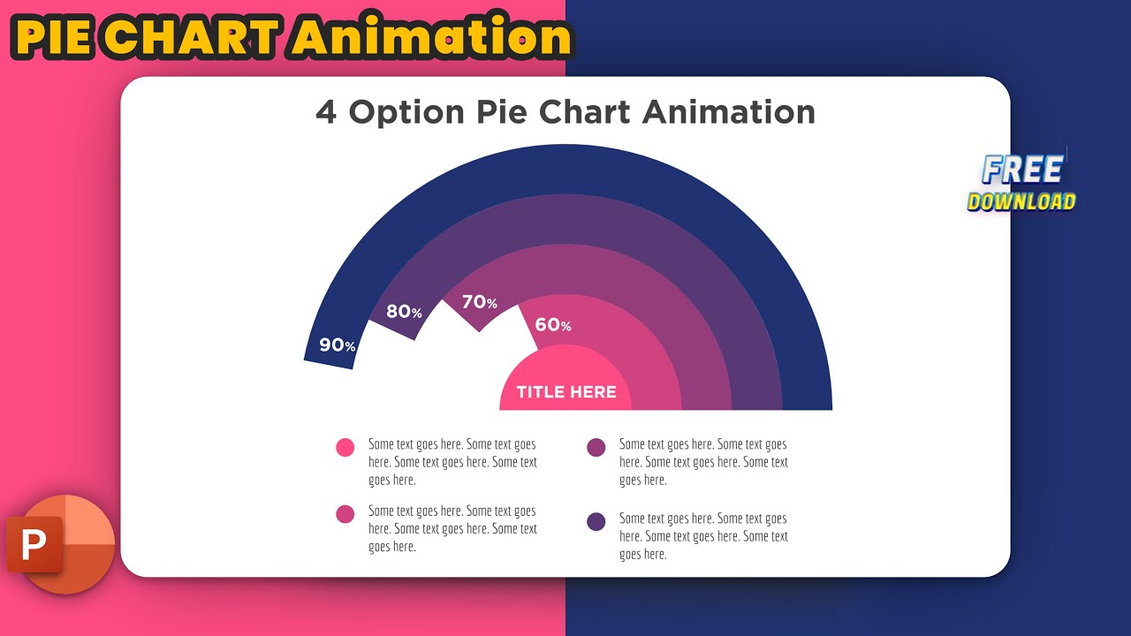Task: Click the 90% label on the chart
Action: pos(337,345)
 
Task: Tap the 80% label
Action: pos(404,312)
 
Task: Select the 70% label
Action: pos(479,302)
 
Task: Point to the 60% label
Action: pos(552,325)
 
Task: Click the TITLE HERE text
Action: pos(566,392)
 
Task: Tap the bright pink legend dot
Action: pos(345,447)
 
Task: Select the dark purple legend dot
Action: pos(596,521)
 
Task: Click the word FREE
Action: pos(1022,170)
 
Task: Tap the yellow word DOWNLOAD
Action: pos(1021,201)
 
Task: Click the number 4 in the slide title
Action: pos(326,113)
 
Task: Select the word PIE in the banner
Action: pos(55,39)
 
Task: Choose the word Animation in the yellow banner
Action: pos(433,39)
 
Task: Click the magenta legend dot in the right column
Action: pos(596,447)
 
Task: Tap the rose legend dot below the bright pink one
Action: pos(345,514)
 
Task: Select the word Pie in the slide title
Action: pos(503,113)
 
